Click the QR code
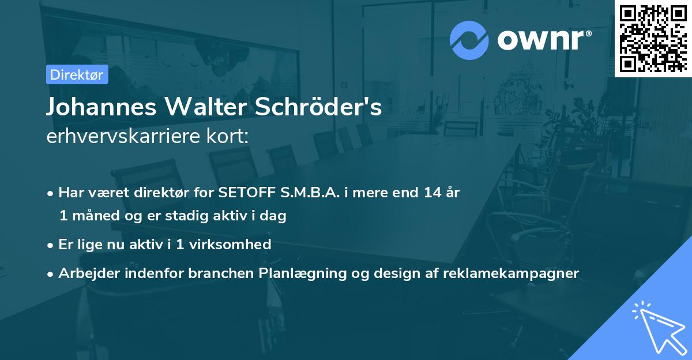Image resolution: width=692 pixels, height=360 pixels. point(653,38)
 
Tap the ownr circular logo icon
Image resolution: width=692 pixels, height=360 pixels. point(469,40)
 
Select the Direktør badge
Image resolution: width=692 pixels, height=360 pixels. point(77,74)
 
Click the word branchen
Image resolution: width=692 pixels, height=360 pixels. point(217,273)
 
